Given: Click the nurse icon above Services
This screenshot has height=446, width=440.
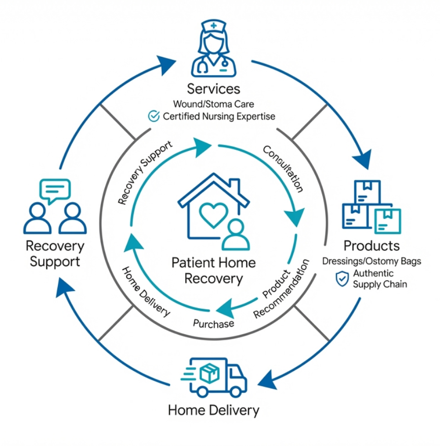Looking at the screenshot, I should click(213, 50).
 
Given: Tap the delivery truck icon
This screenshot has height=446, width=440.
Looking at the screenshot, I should click(214, 377).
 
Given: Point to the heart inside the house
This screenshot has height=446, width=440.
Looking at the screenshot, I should click(213, 214).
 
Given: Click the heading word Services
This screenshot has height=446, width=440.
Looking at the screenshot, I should click(213, 89).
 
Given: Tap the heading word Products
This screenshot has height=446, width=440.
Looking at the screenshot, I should click(371, 246).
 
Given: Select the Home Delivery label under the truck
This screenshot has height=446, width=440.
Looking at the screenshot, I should click(214, 410).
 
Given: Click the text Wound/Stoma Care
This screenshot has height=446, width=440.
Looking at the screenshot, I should click(213, 105).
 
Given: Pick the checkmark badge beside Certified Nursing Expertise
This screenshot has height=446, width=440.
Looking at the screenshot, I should click(153, 117).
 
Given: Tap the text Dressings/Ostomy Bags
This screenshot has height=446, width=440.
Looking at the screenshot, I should click(371, 262).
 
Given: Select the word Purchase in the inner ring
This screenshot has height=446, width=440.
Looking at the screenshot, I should click(214, 323).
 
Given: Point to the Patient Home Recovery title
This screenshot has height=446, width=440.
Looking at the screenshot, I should click(213, 270).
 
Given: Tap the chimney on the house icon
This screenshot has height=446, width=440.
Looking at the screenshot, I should click(234, 186).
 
